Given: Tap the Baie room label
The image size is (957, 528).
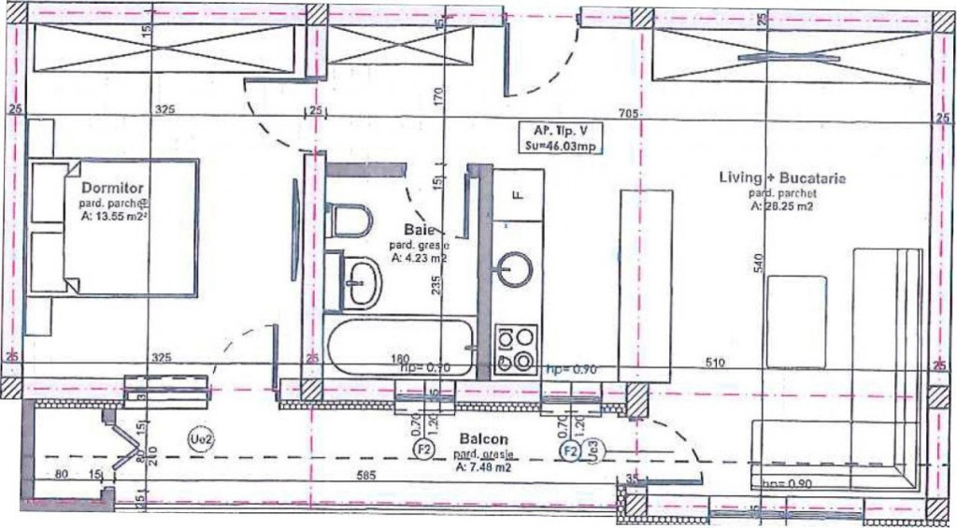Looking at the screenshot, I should pos(416,229).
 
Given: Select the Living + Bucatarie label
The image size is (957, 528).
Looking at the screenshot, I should pos(782,178).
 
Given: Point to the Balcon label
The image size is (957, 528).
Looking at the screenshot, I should pos(483,438).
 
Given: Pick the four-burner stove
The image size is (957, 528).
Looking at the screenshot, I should pos(515,350).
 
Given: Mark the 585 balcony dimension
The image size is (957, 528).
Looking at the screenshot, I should pos(365,477).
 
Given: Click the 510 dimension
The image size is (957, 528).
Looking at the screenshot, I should pos(715,363).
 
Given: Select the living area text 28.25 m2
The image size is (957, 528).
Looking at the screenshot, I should pos(780,207).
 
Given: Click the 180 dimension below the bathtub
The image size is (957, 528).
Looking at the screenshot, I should pos(400,358).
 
